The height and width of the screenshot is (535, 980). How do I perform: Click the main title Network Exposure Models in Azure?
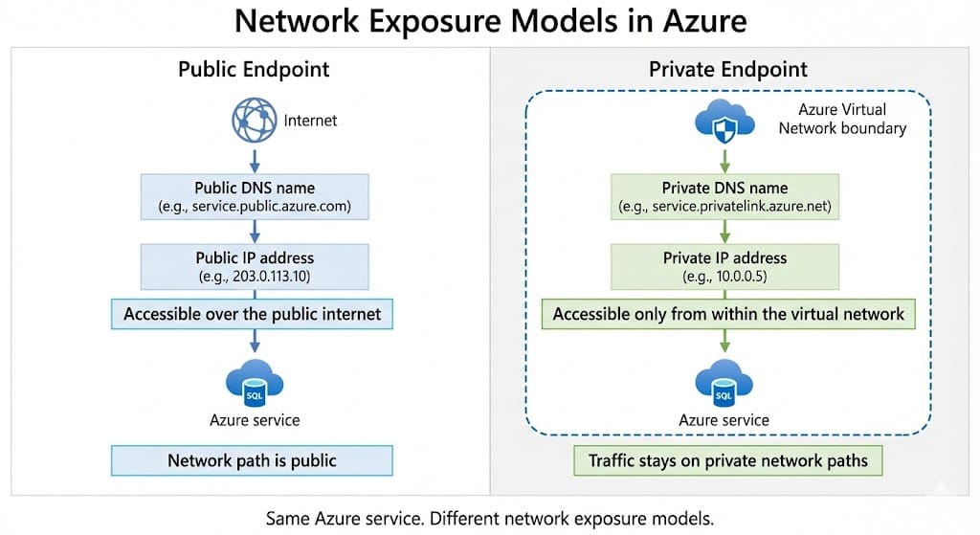point(490,23)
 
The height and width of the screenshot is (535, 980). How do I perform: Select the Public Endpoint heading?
point(254,70)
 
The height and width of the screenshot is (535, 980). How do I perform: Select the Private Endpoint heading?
point(727,70)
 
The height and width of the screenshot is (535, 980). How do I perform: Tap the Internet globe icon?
point(254,121)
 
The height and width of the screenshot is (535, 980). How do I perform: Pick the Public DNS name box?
point(254,196)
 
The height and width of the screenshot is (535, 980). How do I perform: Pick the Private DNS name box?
point(724,196)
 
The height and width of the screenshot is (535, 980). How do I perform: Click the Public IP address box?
point(254,266)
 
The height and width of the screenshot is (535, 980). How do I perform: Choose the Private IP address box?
point(724,266)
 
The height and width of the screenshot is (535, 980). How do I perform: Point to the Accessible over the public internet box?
point(253,314)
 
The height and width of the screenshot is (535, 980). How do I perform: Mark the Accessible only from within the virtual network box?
point(727,314)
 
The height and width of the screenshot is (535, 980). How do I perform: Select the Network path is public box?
point(253,460)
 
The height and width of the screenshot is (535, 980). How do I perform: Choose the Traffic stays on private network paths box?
point(727,460)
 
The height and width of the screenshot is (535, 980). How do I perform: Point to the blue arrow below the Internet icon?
point(254,158)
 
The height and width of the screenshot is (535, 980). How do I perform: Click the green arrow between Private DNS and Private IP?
point(724,231)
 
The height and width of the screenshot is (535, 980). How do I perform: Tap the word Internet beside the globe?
point(310,122)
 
